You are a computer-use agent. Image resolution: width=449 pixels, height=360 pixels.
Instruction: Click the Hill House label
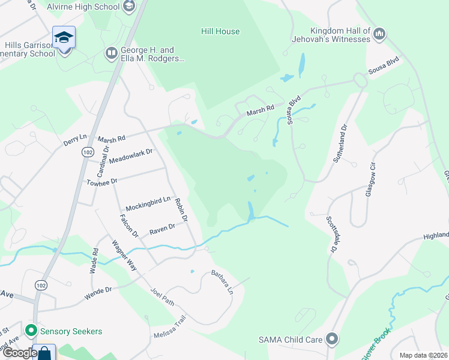(220, 31)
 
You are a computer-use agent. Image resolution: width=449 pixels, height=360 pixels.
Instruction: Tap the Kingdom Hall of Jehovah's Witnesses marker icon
(379, 34)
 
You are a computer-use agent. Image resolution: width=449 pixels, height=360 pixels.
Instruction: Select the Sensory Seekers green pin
(30, 330)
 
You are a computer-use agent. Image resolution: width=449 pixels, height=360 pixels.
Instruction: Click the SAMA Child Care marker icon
(331, 340)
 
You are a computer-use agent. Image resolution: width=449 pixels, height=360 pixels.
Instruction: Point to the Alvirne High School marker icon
(128, 7)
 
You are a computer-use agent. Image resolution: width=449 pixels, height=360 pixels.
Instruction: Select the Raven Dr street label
(162, 229)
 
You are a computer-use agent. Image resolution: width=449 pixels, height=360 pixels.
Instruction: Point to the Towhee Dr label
(100, 181)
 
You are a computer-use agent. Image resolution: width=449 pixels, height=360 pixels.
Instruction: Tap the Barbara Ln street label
(221, 282)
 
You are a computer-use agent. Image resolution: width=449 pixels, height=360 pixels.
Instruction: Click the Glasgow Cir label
(370, 179)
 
